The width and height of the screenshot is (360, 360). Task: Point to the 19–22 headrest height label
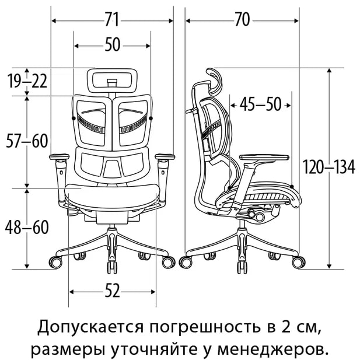pos(27,81)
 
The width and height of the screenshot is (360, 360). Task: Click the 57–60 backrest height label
pos(27,141)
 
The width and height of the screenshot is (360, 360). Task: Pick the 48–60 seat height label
pos(27,227)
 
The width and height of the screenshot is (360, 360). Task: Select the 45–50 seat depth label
pos(260,104)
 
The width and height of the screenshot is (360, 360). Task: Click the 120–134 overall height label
pos(328,167)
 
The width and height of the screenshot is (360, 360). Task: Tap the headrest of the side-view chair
pos(215,81)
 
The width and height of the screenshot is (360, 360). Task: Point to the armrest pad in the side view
pos(264,158)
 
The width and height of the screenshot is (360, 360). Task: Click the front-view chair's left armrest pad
pos(60,157)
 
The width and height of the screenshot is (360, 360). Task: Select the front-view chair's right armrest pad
pos(165,157)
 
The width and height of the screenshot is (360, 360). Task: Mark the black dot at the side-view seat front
pos(292,187)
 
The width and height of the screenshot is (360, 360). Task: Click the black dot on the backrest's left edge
pos(74,118)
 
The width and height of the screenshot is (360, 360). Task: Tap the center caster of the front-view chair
pos(112,267)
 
